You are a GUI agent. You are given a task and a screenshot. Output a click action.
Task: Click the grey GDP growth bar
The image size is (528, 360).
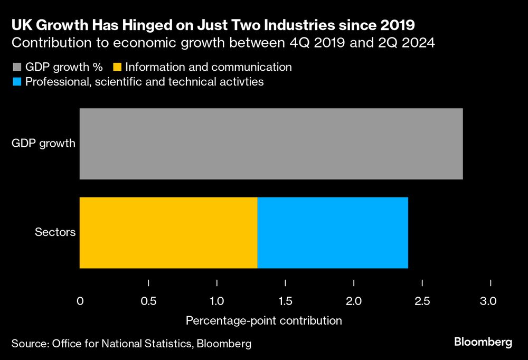point(271,144)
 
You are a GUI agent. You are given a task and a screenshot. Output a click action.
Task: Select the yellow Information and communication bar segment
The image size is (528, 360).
point(168,233)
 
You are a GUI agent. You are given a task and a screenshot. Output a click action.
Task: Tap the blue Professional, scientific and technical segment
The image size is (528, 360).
point(333,233)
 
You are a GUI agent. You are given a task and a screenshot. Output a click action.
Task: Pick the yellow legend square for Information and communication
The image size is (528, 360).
point(118,68)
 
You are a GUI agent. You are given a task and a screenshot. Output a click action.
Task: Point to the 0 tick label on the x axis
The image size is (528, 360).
point(80,302)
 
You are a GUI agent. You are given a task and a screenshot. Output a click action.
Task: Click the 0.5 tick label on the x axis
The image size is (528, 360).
point(149,302)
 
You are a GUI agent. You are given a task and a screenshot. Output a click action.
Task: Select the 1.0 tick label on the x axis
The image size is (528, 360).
point(217,302)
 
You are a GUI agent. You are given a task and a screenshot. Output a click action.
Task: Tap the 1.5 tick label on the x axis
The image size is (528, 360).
point(285,302)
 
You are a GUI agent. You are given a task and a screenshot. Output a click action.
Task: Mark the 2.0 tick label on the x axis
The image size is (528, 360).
point(354,302)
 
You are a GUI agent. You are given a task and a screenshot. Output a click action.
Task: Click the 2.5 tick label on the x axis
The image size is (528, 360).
point(422,302)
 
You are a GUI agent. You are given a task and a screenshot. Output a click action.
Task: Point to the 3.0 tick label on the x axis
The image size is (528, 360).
point(488,302)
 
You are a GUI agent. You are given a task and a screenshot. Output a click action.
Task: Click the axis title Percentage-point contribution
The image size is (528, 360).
point(263,320)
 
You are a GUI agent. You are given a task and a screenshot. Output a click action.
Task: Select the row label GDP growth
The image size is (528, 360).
point(43,144)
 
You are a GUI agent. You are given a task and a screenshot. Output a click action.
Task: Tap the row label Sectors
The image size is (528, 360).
point(55,233)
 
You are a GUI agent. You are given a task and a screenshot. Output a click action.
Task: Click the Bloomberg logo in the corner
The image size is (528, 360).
point(483,343)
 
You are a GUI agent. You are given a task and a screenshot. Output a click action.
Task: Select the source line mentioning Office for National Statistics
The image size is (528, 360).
point(131,344)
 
